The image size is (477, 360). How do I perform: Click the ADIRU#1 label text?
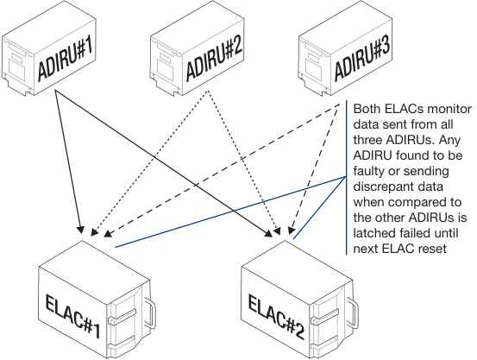click(x=66, y=58)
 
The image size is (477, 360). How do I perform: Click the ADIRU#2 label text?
click(x=214, y=58)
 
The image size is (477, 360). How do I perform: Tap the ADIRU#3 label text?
click(x=362, y=58)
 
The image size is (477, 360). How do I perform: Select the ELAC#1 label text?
click(x=72, y=315)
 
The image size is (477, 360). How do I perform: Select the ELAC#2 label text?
click(x=276, y=317)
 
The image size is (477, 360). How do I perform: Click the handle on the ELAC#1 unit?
click(x=150, y=314)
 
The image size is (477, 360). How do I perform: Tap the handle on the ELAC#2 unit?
click(x=353, y=313)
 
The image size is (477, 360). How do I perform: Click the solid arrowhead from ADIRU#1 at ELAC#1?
click(x=80, y=230)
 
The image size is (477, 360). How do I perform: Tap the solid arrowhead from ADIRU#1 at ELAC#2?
click(x=269, y=233)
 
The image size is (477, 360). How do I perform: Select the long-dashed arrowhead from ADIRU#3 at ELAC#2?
click(x=292, y=231)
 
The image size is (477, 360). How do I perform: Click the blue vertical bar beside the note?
click(x=346, y=177)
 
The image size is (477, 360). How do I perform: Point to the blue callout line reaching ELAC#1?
click(x=230, y=212)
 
